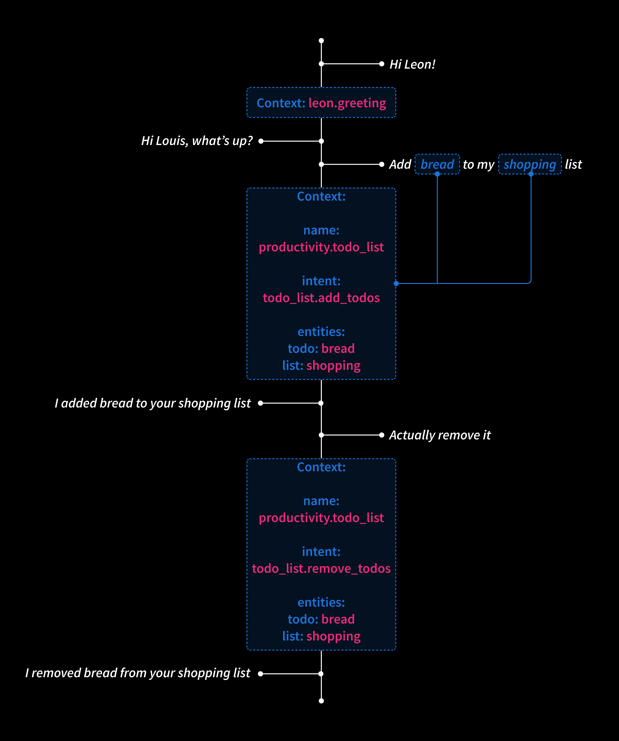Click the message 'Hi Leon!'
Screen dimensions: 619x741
(412, 64)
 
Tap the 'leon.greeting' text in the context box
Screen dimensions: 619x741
(347, 103)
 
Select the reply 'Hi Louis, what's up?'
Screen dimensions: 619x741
(197, 141)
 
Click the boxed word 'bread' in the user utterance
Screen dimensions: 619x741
(437, 164)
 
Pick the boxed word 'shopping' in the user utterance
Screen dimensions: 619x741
(530, 164)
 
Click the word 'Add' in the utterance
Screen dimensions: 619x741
(400, 164)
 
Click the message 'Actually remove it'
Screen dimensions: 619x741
(440, 435)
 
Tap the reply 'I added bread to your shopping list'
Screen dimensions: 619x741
(153, 403)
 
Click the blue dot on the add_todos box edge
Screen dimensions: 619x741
(396, 283)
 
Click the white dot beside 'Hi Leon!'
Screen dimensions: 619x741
(382, 64)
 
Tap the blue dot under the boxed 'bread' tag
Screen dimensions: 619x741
(437, 174)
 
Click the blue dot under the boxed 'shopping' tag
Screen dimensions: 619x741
(531, 174)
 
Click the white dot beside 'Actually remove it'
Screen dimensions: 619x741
(382, 435)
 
